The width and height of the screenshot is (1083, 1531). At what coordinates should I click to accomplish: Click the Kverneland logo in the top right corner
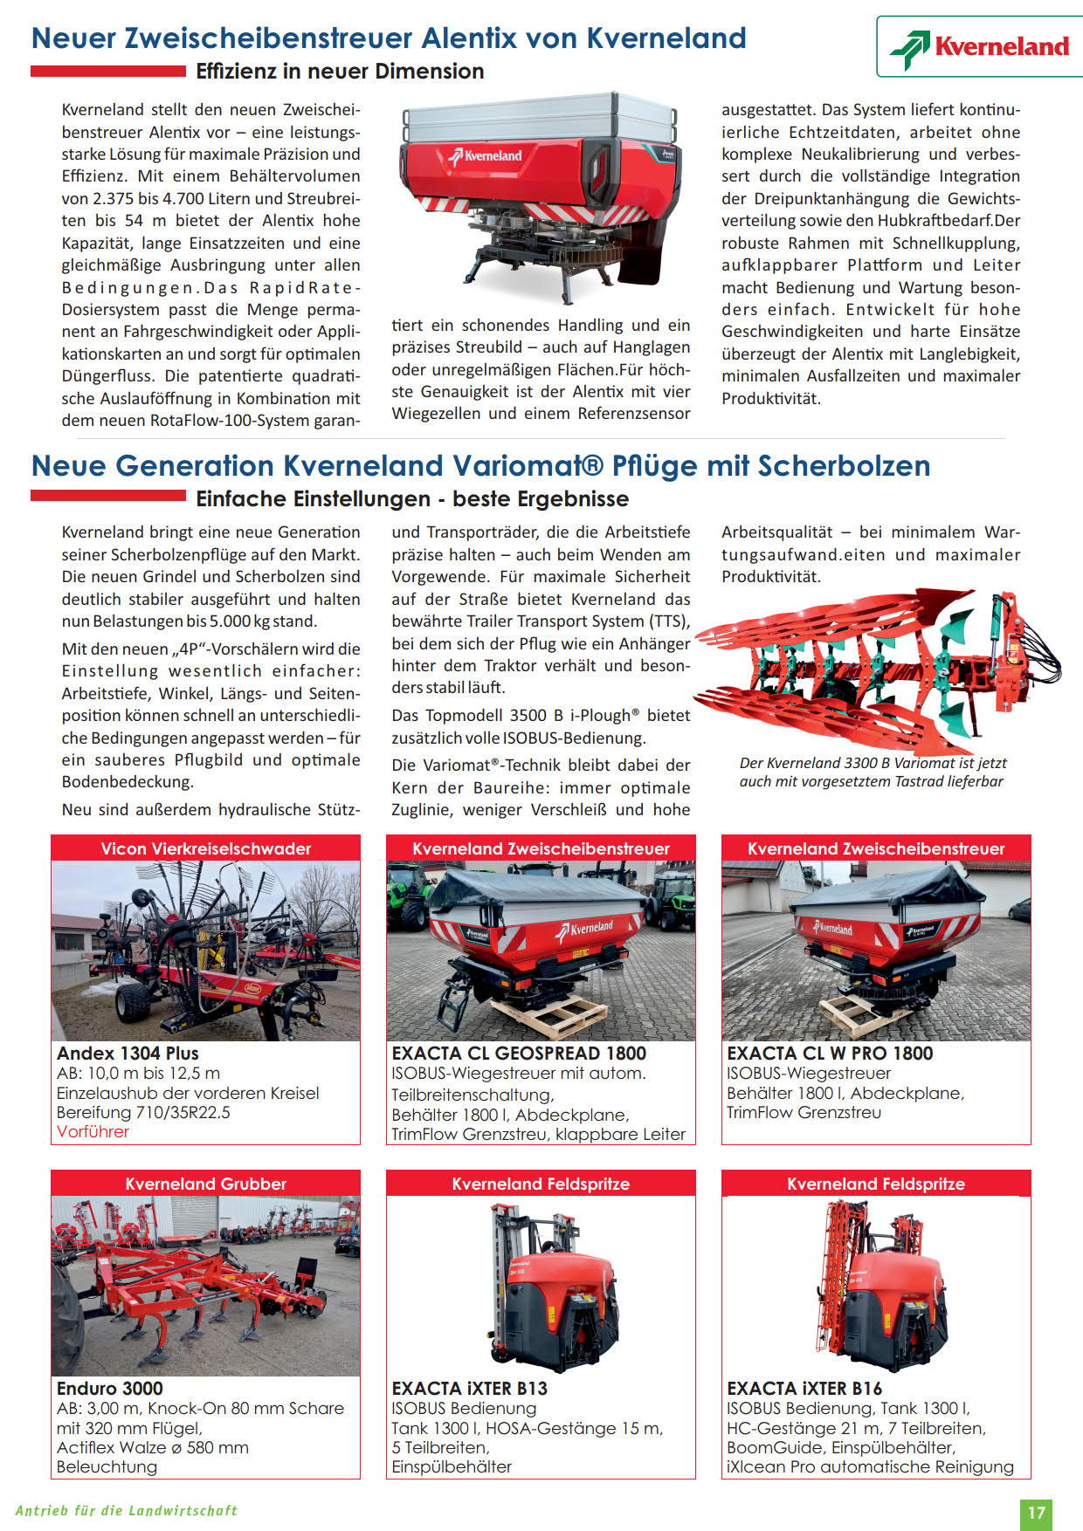tap(980, 47)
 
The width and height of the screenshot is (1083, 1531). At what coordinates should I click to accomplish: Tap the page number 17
tap(1036, 1514)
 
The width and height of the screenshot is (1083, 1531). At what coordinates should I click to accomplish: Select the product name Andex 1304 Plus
tap(128, 1054)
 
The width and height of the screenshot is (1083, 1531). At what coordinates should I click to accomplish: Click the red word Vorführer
tap(93, 1132)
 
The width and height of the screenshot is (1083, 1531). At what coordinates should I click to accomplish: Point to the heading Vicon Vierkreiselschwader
tap(205, 848)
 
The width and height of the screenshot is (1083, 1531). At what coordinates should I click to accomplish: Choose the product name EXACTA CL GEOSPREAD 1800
tap(519, 1054)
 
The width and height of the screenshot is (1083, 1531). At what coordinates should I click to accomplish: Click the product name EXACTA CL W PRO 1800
tap(830, 1054)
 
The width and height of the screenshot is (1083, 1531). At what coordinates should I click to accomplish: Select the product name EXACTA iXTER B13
tap(469, 1389)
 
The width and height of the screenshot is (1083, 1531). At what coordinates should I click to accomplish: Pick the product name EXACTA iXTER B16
tap(804, 1389)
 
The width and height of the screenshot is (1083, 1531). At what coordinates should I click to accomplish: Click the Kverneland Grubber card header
tap(205, 1184)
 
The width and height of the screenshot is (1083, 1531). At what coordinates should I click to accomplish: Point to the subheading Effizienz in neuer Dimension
tap(340, 72)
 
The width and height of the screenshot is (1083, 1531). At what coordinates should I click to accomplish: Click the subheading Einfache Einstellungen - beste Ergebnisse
tap(412, 499)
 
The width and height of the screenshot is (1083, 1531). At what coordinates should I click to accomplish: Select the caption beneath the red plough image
tap(872, 772)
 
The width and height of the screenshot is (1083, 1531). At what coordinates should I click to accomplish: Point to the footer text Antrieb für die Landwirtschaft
tap(127, 1511)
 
